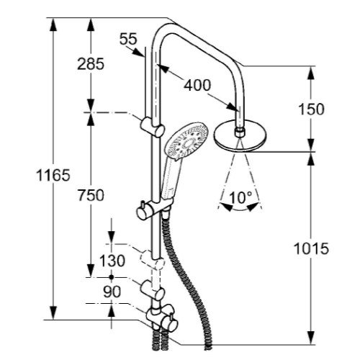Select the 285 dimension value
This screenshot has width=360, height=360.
90,63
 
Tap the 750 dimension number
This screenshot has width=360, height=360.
90,195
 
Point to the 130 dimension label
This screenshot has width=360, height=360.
112,260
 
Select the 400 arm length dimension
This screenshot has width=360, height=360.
197,85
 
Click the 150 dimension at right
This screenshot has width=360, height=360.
310,109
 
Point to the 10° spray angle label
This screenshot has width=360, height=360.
240,196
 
